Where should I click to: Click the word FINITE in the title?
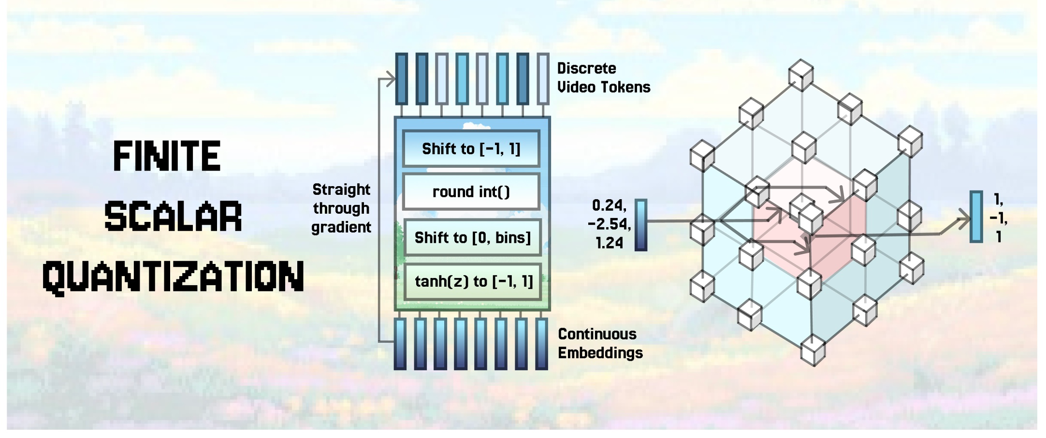[x=167, y=156]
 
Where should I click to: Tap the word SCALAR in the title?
[x=173, y=216]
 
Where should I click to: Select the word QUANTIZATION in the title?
[x=173, y=277]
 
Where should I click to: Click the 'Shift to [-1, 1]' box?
[x=471, y=149]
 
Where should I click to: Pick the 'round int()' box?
[x=471, y=192]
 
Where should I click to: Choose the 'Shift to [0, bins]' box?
[x=473, y=237]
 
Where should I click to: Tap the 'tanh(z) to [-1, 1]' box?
[x=473, y=281]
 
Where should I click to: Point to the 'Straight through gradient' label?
[x=341, y=208]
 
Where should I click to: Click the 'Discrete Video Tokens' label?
[x=603, y=78]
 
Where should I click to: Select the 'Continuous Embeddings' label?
[x=600, y=343]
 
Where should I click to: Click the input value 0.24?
[x=609, y=205]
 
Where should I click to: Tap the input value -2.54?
[x=609, y=224]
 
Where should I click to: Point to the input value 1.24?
[x=609, y=243]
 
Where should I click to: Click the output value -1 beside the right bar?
[x=998, y=218]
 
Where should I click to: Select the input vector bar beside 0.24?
[x=640, y=225]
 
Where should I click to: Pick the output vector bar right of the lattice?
[x=976, y=217]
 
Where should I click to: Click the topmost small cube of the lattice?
[x=801, y=75]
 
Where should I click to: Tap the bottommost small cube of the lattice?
[x=813, y=350]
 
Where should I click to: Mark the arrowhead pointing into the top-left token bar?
[x=390, y=78]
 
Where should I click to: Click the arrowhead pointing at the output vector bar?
[x=964, y=221]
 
